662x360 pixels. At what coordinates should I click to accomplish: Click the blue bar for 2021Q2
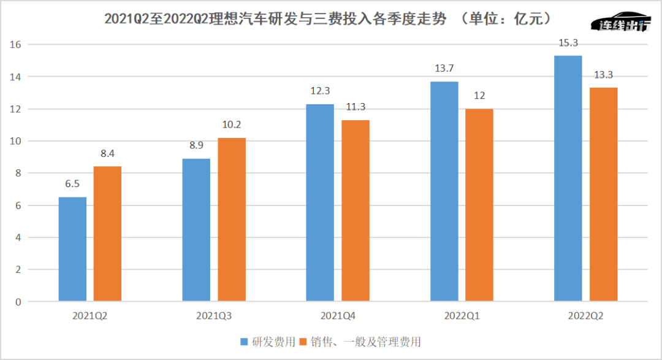(72, 249)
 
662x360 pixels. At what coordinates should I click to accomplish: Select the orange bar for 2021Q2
(107, 234)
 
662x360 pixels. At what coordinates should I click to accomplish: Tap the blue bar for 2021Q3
(196, 230)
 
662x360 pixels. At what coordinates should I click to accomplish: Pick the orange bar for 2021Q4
(356, 210)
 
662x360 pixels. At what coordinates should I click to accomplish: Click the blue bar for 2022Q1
(444, 191)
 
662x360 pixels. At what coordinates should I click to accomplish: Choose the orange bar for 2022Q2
(604, 194)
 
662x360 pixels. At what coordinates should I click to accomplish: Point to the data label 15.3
(568, 44)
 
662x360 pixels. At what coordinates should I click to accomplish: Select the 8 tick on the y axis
(18, 174)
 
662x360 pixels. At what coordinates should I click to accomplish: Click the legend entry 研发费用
(270, 342)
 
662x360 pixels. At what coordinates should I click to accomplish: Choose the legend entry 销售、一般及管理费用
(368, 342)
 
